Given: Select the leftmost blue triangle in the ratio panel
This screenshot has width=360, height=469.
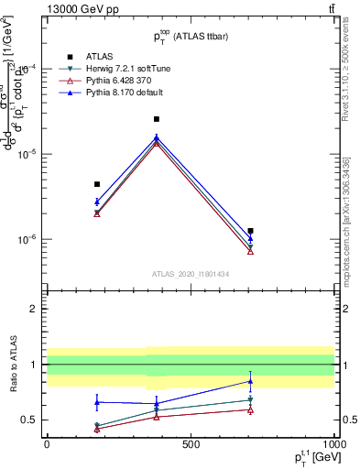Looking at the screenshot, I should click(97, 401).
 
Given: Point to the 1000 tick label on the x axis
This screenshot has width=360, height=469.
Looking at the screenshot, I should click(333, 443).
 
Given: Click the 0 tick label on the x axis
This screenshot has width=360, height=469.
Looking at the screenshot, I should click(46, 443).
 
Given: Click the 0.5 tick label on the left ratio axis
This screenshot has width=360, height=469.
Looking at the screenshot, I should click(27, 420).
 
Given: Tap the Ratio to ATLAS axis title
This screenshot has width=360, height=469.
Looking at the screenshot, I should click(13, 364).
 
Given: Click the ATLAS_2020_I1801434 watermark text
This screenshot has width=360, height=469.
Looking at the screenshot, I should click(190, 274).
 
